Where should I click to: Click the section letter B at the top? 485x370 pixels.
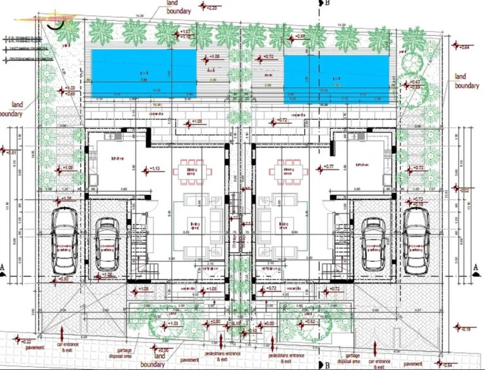329,3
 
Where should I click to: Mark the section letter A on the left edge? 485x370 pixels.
3,267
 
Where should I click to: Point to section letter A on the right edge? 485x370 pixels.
474,267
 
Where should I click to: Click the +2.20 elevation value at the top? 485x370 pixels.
212,8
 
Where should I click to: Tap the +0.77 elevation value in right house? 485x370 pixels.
310,166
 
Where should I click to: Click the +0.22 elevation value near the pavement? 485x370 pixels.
29,341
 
